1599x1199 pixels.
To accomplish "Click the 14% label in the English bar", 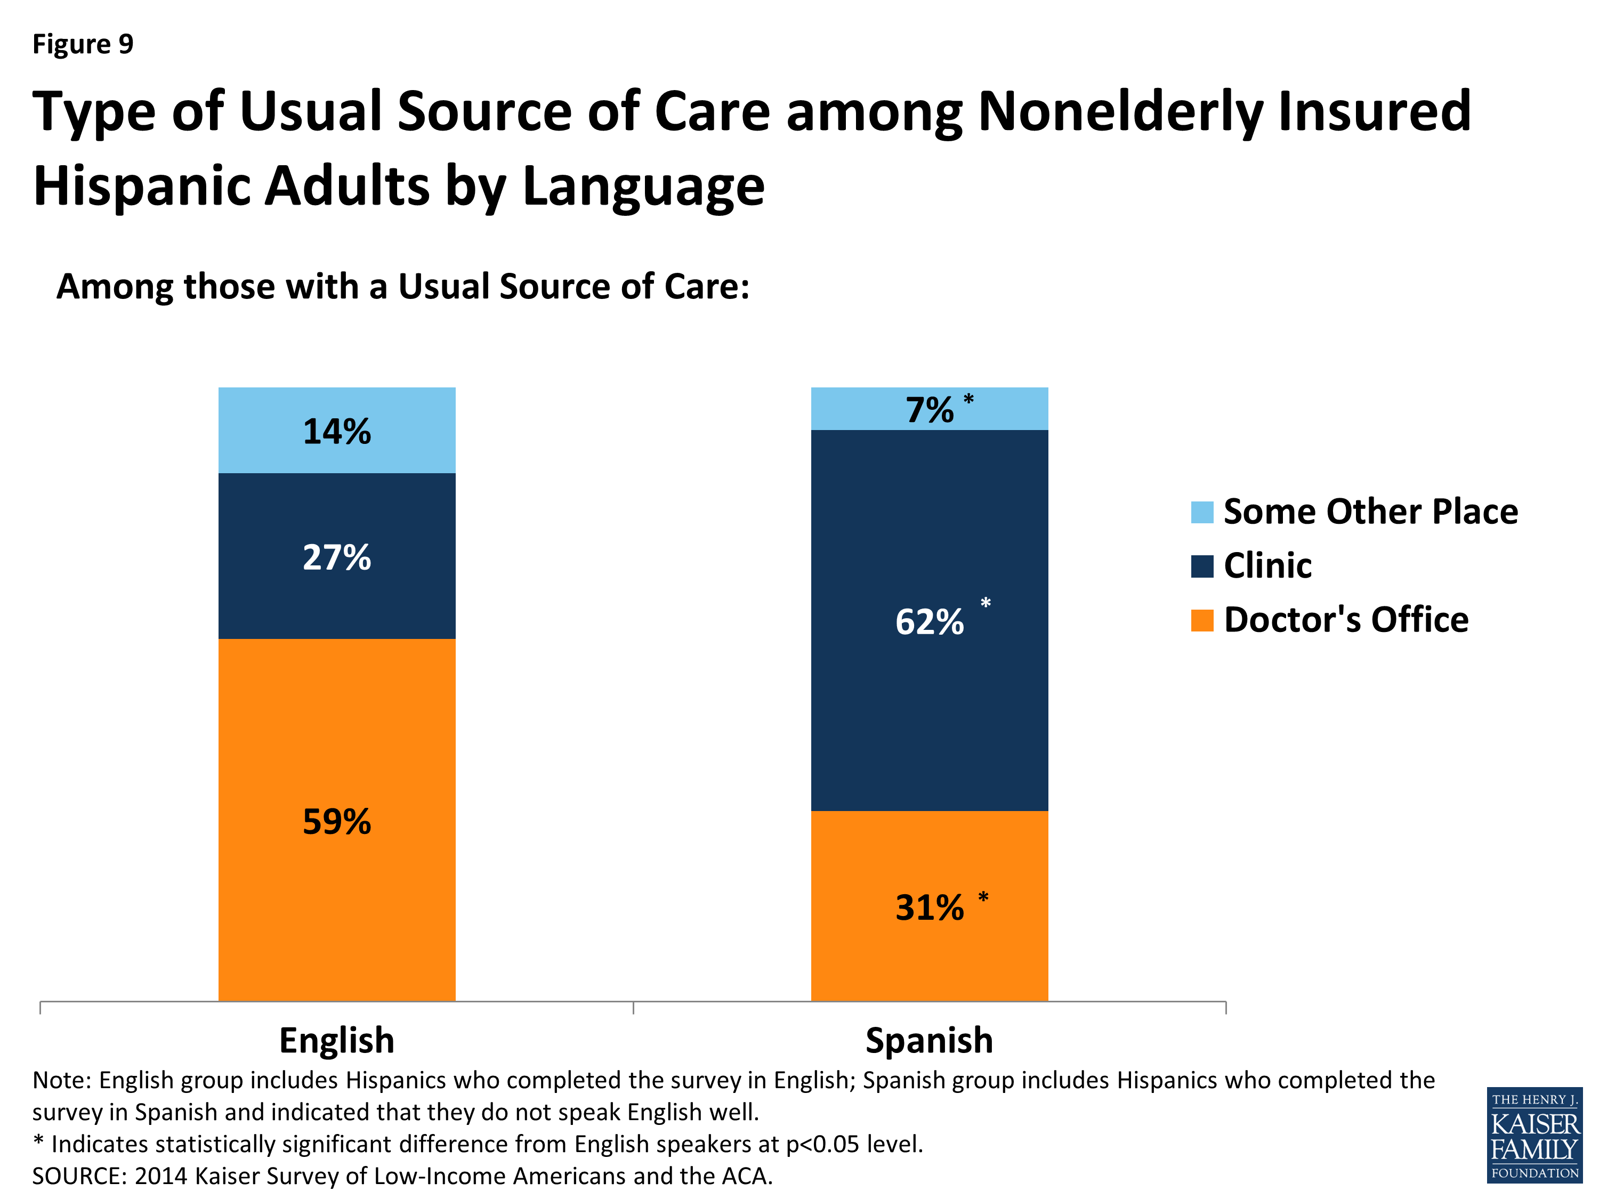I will coord(336,432).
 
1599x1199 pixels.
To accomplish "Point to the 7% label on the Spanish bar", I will coord(929,410).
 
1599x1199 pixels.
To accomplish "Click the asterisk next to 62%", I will coord(986,603).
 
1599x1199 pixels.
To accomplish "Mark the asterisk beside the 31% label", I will coord(983,897).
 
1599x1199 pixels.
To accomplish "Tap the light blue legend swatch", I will coord(1201,512).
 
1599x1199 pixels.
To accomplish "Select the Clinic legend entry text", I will coord(1267,565).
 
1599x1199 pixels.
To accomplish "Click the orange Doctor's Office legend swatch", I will coord(1201,620).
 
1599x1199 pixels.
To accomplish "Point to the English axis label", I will coord(336,1040).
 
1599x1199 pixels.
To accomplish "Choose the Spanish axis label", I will coord(929,1040).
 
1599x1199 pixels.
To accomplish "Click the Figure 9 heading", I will coord(83,44).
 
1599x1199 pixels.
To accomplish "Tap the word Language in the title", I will coord(643,187).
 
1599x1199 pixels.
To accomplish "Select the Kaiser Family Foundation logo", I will coord(1534,1135).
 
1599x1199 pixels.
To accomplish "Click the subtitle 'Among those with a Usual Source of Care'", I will coord(402,286).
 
